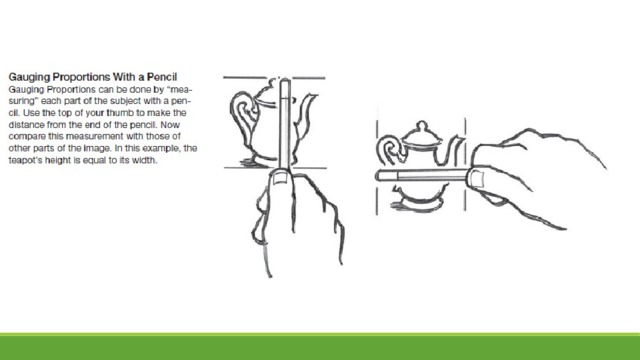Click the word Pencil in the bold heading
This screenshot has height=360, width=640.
(162, 77)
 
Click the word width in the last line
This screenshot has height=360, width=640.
(147, 160)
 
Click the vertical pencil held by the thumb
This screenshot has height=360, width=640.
(285, 124)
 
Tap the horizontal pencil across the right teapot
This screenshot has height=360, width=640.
(423, 175)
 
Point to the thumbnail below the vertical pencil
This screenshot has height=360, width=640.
(280, 178)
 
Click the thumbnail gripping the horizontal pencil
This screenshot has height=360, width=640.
(477, 178)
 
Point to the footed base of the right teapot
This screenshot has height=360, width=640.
(416, 202)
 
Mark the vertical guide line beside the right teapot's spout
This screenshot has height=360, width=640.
(465, 164)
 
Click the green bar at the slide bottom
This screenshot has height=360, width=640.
(320, 347)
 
